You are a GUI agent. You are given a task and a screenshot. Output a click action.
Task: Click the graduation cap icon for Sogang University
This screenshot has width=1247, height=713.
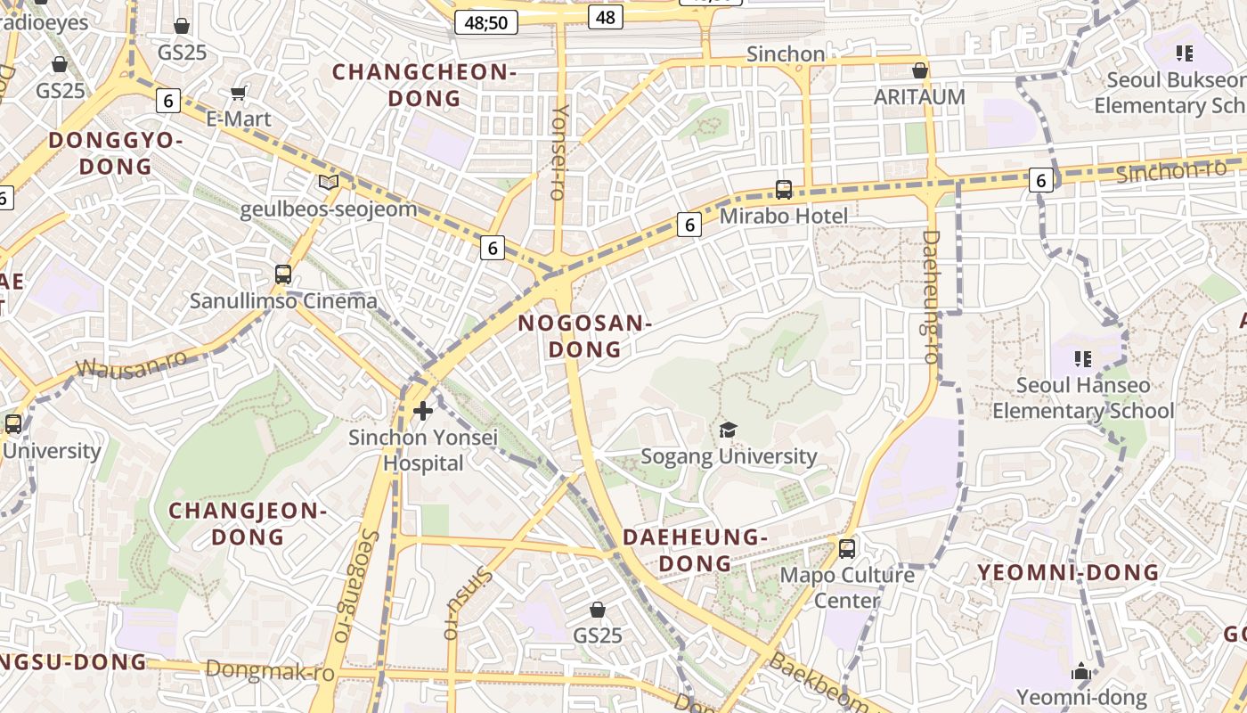pos(729,430)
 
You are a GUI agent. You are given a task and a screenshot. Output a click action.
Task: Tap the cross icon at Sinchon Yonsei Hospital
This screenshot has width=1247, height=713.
pos(423,411)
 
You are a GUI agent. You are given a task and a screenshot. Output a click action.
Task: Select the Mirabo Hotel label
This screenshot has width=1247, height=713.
pos(783,216)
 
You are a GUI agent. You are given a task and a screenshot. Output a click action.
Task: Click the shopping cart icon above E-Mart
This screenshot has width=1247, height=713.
pos(238,93)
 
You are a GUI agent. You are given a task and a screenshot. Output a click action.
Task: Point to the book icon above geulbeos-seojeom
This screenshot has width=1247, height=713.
pos(329,183)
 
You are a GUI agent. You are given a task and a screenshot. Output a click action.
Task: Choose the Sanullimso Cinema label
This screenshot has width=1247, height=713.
pos(283,301)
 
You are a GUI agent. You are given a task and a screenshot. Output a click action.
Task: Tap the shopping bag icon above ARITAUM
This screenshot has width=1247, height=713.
pos(919,70)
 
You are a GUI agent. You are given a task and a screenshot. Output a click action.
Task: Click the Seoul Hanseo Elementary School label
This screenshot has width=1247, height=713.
pos(1083,398)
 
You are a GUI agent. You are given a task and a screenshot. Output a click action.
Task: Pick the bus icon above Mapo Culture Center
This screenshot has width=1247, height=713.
pos(847,548)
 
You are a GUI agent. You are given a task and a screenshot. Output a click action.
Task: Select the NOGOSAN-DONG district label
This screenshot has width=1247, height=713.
pos(584,336)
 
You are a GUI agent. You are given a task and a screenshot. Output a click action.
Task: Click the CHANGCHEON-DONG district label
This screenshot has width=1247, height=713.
pos(424,85)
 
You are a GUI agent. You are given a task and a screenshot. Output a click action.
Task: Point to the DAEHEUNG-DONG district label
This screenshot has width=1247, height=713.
pos(695,550)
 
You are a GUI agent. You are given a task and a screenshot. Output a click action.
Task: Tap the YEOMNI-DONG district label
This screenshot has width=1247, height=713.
pos(1069,572)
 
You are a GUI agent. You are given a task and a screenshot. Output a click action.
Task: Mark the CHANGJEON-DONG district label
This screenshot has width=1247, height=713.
pos(248,524)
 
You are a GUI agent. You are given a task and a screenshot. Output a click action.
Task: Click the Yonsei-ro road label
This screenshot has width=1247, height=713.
pos(559,152)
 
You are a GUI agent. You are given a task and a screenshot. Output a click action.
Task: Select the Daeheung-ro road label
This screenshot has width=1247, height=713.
pos(930,297)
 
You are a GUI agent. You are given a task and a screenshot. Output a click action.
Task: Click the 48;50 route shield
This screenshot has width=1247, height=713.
pos(486,22)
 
